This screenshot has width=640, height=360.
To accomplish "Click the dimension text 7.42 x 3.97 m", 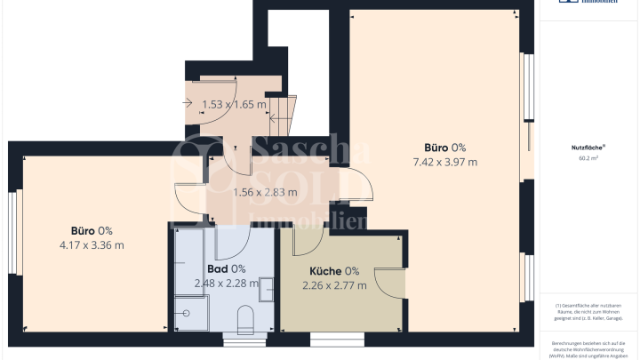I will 445,162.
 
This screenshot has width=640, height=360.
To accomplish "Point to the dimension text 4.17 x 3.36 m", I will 92,244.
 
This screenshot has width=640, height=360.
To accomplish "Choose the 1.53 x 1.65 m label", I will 234,104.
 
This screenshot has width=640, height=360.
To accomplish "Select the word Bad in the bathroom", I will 217,268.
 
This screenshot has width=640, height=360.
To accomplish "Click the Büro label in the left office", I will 85,230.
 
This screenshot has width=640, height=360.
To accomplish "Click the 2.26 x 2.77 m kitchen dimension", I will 334,285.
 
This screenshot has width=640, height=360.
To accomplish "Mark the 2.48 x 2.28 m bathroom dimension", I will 226,284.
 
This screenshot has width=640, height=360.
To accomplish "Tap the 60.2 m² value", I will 588,158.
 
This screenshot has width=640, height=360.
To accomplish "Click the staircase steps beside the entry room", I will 282,110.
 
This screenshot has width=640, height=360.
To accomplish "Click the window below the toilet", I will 238,339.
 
